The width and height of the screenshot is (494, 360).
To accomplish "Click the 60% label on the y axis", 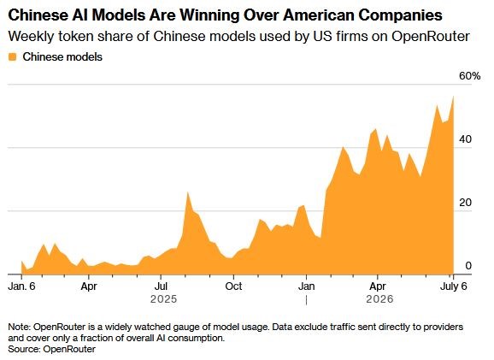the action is pyautogui.click(x=470, y=76).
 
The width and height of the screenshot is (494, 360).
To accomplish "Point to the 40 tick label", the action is pyautogui.click(x=465, y=139).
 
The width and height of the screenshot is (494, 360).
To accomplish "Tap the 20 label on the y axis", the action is pyautogui.click(x=465, y=203).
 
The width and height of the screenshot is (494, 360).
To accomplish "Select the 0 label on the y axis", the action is pyautogui.click(x=468, y=266).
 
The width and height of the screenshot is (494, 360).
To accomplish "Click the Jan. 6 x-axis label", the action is pyautogui.click(x=21, y=286).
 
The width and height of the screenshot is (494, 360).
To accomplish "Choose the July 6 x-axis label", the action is pyautogui.click(x=453, y=286).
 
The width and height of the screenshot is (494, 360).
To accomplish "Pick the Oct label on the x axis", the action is pyautogui.click(x=234, y=286).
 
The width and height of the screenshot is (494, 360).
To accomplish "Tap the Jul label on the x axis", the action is pyautogui.click(x=161, y=286).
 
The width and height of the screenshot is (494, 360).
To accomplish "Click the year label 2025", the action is pyautogui.click(x=163, y=299).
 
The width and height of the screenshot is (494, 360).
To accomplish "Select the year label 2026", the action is pyautogui.click(x=379, y=299).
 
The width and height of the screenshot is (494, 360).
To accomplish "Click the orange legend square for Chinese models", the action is pyautogui.click(x=12, y=57).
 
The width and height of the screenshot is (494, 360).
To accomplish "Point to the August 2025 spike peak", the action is pyautogui.click(x=187, y=192).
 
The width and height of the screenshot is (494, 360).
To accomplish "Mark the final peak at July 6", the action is pyautogui.click(x=453, y=97).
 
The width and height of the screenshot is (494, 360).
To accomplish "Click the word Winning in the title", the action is pyautogui.click(x=204, y=15).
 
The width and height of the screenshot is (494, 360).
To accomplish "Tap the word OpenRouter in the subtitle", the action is pyautogui.click(x=431, y=37).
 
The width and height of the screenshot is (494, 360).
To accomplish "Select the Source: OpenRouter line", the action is pyautogui.click(x=51, y=349).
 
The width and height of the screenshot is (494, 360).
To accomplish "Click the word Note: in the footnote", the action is pyautogui.click(x=20, y=327).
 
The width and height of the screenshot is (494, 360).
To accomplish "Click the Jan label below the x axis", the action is pyautogui.click(x=307, y=286).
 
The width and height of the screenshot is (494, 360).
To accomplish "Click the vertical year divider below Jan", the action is pyautogui.click(x=306, y=300).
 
